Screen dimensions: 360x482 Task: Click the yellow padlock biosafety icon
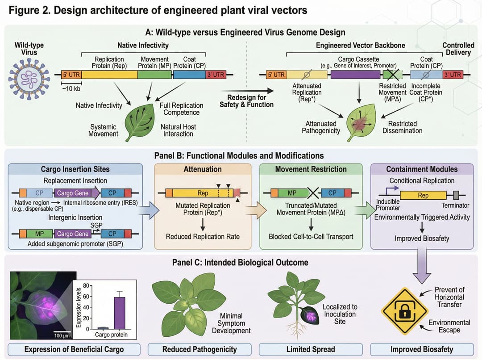404,311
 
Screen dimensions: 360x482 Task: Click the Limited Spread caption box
311,349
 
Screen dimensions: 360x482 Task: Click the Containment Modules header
422,169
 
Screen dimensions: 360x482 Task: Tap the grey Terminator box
456,195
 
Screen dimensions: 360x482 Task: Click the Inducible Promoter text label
387,205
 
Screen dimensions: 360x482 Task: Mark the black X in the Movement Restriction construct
313,193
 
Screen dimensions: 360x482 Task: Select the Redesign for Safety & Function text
246,101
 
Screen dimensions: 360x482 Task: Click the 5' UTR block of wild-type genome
71,75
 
